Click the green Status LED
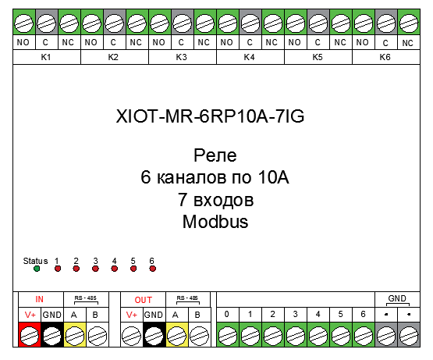click(37, 269)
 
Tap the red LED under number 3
click(95, 269)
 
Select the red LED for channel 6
click(153, 269)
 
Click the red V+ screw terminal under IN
click(30, 334)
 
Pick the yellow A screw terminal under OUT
click(177, 334)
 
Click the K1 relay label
click(46, 57)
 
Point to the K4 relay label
click(249, 57)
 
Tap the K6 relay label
click(385, 57)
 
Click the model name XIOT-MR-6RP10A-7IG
click(210, 116)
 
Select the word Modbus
click(215, 222)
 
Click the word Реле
click(215, 155)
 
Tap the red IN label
click(39, 299)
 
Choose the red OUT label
click(143, 300)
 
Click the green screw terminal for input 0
click(228, 334)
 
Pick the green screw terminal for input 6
click(364, 334)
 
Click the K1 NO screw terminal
click(24, 22)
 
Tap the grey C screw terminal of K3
click(183, 22)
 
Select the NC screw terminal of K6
click(409, 22)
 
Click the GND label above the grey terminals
click(397, 298)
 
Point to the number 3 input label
click(295, 314)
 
